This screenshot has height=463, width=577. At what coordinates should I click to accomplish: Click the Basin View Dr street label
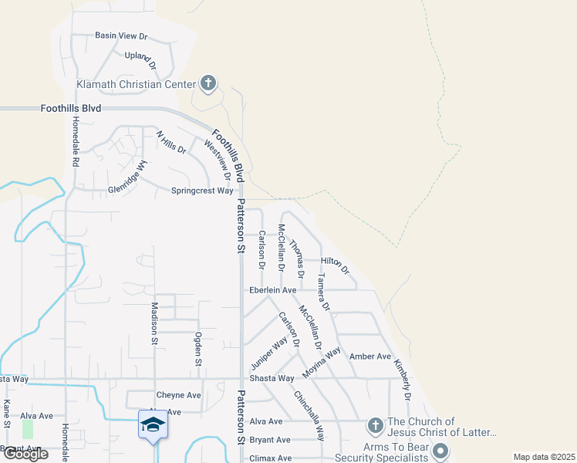[x=121, y=36]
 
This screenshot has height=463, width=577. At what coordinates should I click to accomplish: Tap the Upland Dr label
[x=140, y=60]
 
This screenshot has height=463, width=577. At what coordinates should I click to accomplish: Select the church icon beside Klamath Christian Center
[x=208, y=83]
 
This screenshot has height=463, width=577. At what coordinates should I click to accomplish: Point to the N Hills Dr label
[x=171, y=143]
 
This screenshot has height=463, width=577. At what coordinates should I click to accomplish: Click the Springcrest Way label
[x=201, y=191]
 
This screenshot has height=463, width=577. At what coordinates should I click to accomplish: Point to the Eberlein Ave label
[x=272, y=290]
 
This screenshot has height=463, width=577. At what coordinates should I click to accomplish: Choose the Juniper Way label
[x=268, y=353]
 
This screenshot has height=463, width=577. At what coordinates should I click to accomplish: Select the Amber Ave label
[x=370, y=357]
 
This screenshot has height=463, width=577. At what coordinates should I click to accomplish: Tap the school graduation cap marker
[x=153, y=425]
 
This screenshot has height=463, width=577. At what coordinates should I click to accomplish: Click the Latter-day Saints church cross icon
[x=375, y=425]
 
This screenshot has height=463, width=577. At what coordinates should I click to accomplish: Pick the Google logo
[x=25, y=454]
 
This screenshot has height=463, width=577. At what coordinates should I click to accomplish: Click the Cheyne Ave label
[x=178, y=395]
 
